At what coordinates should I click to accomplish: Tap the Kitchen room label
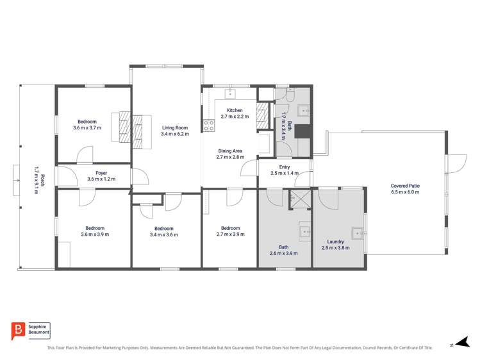click(235, 110)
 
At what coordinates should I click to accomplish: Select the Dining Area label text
click(229, 151)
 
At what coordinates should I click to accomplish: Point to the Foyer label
click(101, 172)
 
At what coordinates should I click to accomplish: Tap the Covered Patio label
click(405, 185)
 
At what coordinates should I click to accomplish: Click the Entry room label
click(285, 167)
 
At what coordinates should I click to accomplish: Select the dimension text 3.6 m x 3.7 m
click(87, 128)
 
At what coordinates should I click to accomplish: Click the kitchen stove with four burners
click(208, 126)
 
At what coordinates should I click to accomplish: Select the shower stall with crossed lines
click(299, 199)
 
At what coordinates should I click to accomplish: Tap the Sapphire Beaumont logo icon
click(18, 331)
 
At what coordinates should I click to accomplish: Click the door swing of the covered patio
click(456, 163)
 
